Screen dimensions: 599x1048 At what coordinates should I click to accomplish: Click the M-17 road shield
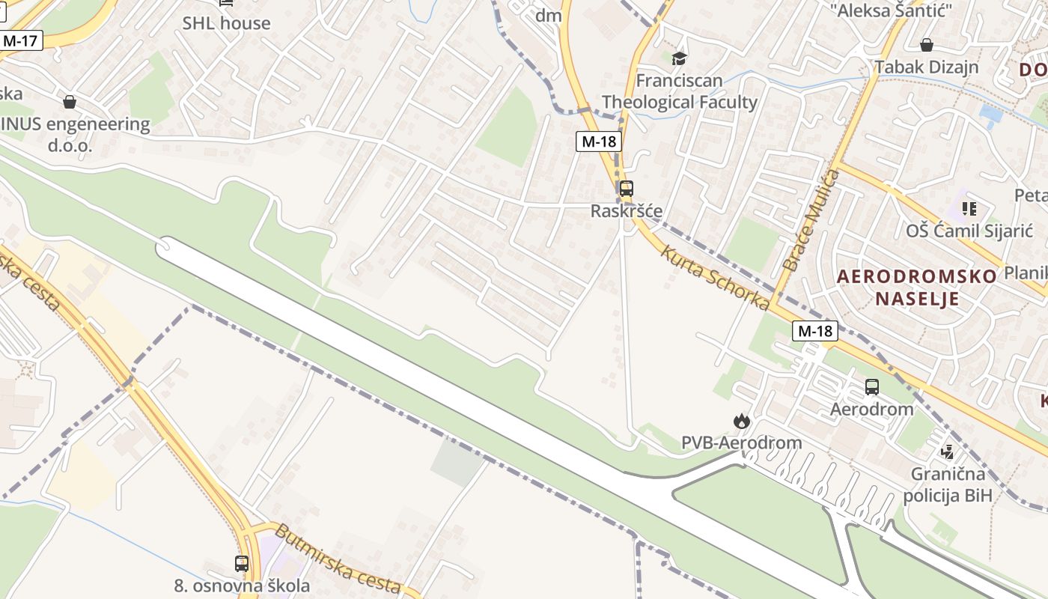20,40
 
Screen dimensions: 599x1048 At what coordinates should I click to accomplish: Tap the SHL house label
226,23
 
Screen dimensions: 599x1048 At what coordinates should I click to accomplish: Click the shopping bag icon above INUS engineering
70,101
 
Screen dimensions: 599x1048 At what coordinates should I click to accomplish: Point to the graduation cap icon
679,58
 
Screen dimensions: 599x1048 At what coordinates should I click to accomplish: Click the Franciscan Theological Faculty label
680,91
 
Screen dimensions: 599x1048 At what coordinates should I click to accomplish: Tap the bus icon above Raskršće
626,189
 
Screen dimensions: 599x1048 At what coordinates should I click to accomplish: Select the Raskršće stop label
627,211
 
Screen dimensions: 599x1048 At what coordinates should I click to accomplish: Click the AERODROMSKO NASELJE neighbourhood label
917,288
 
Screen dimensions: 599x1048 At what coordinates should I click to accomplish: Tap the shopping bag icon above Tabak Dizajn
926,45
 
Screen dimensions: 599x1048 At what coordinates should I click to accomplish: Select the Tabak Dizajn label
926,67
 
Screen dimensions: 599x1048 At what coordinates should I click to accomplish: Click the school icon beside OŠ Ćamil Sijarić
969,208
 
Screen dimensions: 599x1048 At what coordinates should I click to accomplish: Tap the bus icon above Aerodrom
871,387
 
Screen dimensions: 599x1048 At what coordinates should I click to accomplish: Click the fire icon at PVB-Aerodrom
741,421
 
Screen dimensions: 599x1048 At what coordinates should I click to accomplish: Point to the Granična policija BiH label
948,484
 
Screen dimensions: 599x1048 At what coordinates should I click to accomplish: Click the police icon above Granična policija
948,451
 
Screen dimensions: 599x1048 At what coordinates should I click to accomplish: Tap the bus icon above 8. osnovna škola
241,564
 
